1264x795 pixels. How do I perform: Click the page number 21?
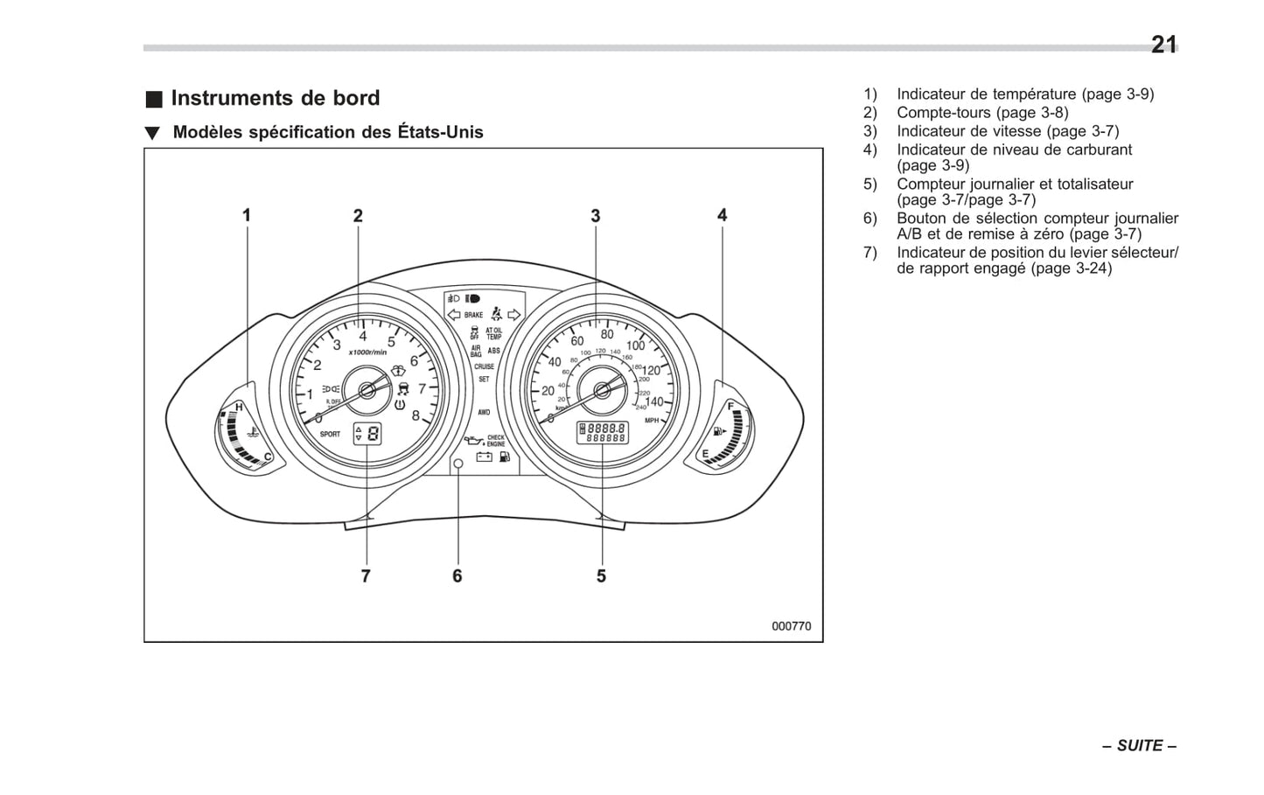(x=1163, y=45)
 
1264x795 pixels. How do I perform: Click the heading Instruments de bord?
(x=275, y=98)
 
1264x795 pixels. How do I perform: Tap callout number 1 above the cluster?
(x=247, y=215)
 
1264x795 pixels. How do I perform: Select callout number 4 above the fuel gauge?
(x=722, y=215)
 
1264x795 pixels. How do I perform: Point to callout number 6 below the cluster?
(x=457, y=576)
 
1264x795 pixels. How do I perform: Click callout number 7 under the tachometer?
(x=366, y=576)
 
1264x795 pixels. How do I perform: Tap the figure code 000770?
(x=791, y=626)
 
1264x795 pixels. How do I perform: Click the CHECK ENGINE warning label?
(x=496, y=441)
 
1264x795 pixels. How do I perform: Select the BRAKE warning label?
(x=473, y=315)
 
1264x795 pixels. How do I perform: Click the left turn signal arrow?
(x=453, y=315)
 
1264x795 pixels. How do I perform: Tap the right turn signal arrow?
(x=514, y=315)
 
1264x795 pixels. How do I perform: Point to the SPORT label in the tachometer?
(x=330, y=434)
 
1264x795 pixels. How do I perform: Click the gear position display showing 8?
(x=367, y=433)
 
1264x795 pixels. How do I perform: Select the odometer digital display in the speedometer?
(x=602, y=432)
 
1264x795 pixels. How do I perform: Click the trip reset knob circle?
(x=457, y=464)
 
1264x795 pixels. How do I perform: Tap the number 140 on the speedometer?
(x=653, y=402)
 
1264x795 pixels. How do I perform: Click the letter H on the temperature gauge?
(x=238, y=408)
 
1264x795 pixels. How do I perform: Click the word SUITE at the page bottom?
(x=1140, y=745)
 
